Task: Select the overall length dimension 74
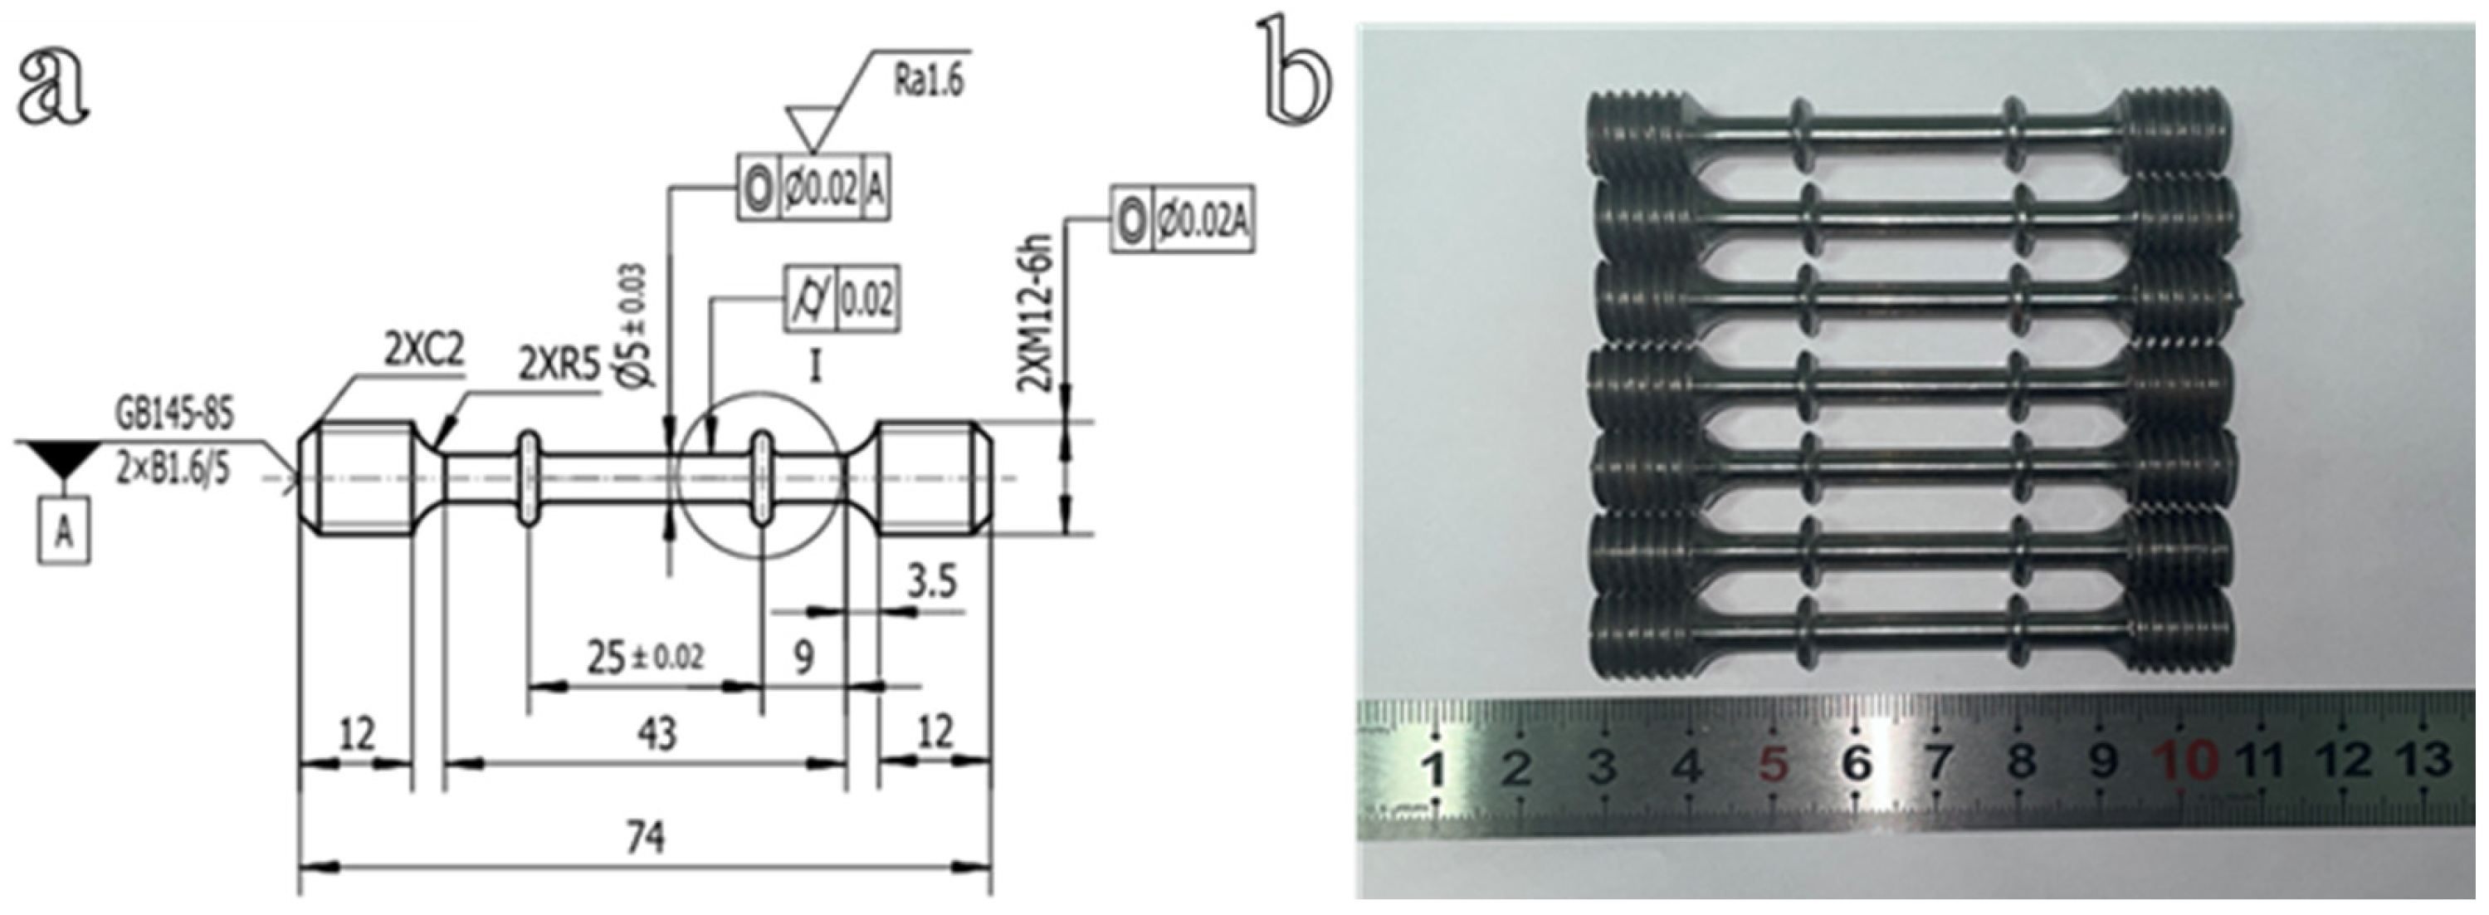coord(645,837)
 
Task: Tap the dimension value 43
coord(657,733)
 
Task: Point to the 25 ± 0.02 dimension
coord(645,657)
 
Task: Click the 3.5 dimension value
coord(931,582)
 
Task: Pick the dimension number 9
coord(803,657)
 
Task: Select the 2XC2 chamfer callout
coord(424,353)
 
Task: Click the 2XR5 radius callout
coord(559,366)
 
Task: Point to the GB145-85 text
coord(175,414)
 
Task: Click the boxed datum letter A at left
coord(64,531)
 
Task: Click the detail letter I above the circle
coord(814,367)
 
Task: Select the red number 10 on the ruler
coord(2188,761)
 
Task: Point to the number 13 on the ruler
coord(2423,760)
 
